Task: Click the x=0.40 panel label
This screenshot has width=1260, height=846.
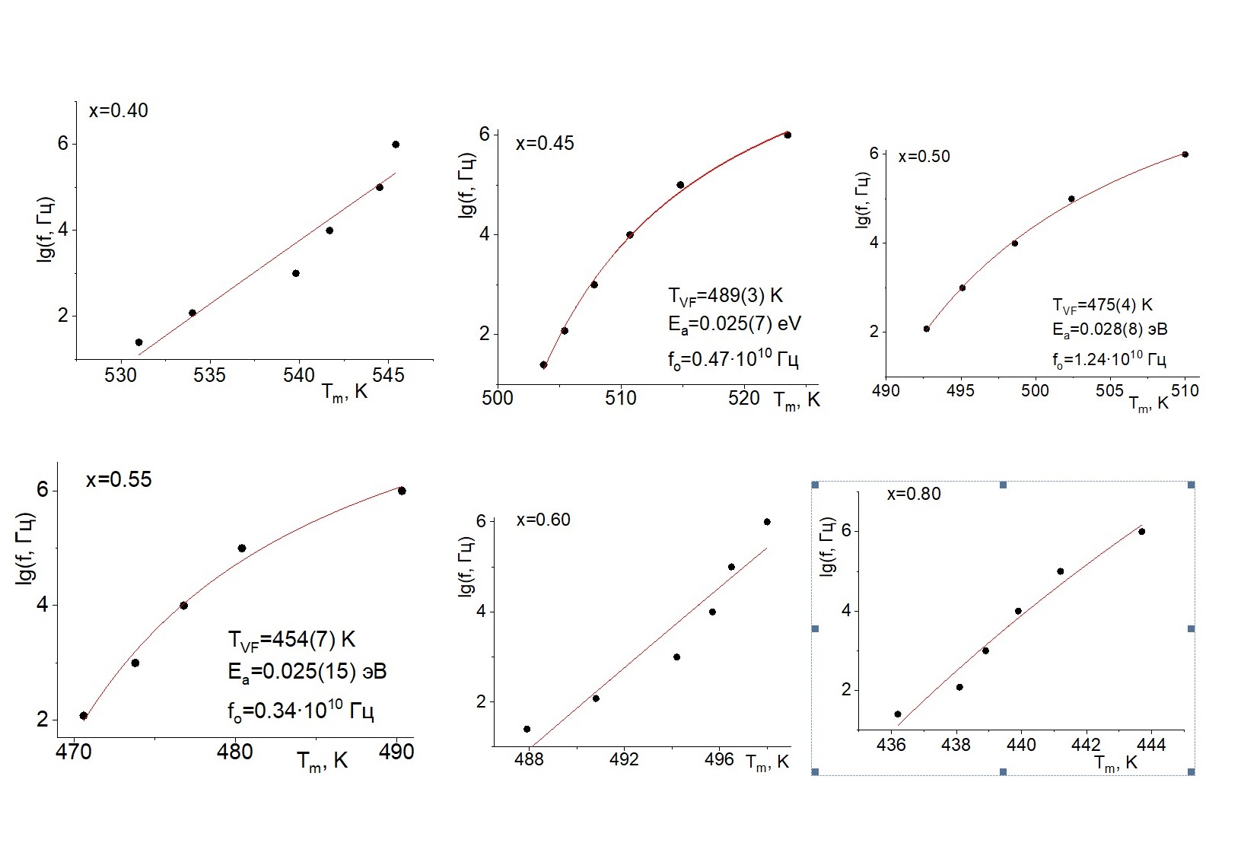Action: (118, 111)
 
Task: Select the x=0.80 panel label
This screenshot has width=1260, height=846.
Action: (914, 495)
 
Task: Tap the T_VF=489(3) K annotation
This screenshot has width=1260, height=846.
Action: (725, 296)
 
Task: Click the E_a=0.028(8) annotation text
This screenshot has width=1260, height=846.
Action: (1109, 329)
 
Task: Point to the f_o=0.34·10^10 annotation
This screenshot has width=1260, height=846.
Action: (301, 711)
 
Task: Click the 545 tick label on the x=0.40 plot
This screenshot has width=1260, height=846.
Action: (388, 376)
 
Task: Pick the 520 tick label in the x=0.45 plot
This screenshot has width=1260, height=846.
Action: (743, 398)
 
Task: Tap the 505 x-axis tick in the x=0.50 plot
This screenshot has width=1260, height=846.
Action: (1109, 391)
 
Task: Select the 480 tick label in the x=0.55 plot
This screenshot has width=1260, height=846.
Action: (234, 752)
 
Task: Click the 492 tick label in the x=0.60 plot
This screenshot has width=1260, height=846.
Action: (623, 759)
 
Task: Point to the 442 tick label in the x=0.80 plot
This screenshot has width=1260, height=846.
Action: (1086, 745)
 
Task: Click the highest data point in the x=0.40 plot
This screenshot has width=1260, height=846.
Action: (396, 145)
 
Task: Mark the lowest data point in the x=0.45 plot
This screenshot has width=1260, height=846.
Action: (543, 365)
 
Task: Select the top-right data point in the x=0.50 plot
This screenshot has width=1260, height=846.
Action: (1185, 154)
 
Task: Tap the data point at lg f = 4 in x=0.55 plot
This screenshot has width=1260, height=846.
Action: (183, 606)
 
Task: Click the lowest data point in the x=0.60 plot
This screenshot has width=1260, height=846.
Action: (527, 729)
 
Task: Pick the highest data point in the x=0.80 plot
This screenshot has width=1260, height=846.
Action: (1141, 532)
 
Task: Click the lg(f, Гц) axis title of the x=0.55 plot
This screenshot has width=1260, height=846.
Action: (24, 549)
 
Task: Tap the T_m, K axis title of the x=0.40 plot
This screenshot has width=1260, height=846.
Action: (345, 393)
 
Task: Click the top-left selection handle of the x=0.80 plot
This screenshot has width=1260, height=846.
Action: (815, 485)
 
